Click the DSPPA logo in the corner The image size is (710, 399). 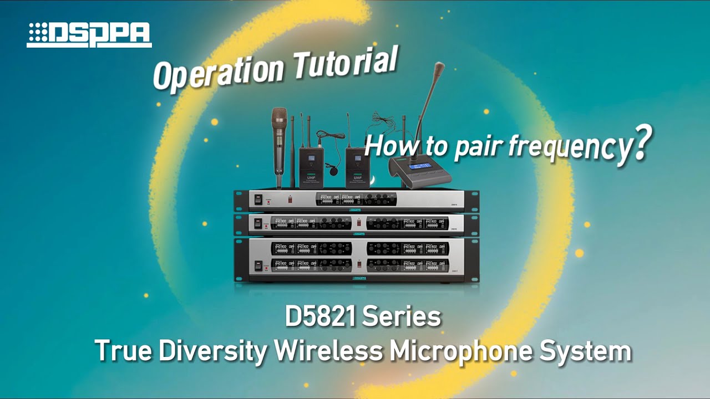point(89,35)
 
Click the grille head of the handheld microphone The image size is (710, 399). point(279,119)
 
